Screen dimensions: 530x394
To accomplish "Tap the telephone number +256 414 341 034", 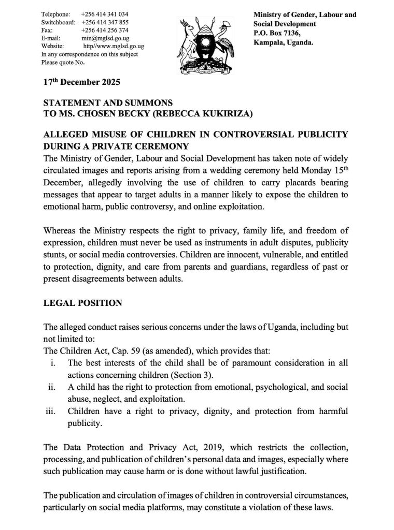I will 105,14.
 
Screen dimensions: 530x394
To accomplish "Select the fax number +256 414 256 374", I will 105,30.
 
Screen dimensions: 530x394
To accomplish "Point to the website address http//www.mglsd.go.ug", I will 114,46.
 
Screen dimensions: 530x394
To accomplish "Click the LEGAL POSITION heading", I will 82,303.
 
